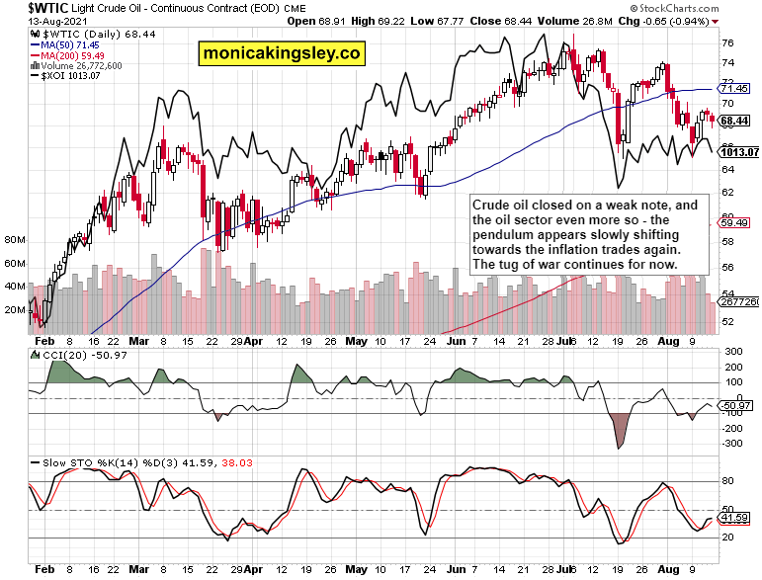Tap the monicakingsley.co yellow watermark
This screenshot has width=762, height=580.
point(280,53)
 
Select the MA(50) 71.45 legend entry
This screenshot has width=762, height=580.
point(68,44)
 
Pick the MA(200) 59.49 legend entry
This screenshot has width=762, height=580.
point(71,55)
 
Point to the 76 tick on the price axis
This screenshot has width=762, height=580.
point(726,43)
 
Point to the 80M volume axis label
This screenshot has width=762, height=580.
point(14,240)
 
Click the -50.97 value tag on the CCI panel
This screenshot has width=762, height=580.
point(737,406)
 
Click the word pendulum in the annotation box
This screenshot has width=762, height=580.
point(503,236)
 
